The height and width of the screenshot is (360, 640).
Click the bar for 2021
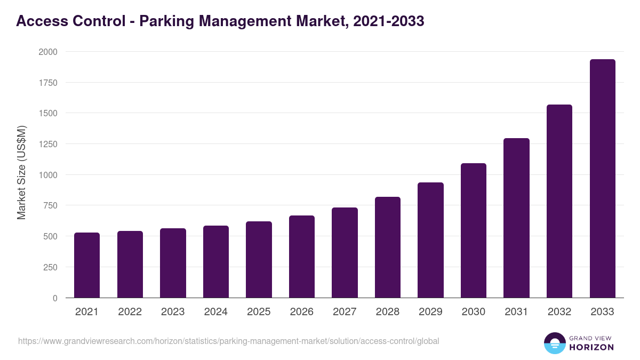87,265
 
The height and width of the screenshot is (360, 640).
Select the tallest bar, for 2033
602,179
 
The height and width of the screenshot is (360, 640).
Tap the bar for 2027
345,253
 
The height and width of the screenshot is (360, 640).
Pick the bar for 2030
474,230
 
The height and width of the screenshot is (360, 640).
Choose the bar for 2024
216,262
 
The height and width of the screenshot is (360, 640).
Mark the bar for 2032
559,201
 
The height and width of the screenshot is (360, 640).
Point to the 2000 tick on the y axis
47,52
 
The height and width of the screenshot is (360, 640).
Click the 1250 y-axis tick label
47,144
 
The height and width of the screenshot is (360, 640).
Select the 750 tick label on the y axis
50,205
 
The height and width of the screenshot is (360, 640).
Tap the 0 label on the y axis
55,298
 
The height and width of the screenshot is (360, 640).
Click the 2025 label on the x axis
259,312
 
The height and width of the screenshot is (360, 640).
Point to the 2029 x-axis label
430,312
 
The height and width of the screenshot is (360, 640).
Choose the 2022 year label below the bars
130,312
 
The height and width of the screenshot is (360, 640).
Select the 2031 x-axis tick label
516,312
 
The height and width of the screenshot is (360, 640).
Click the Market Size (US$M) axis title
21,172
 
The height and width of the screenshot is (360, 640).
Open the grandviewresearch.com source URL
228,341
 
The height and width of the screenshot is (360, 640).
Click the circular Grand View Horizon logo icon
554,343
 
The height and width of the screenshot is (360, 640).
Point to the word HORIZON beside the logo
591,347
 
